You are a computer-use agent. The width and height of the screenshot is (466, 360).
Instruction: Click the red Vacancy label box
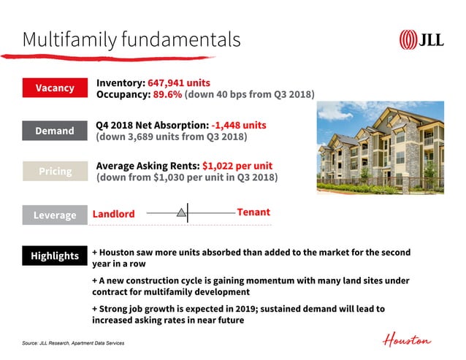[x=55, y=88]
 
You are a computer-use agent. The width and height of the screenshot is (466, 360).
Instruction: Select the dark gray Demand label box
[x=55, y=131]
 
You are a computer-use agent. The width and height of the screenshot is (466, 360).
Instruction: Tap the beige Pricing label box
[x=55, y=171]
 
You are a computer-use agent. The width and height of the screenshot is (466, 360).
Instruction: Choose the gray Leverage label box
[x=55, y=215]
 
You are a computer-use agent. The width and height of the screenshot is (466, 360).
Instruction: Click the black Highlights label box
[x=55, y=256]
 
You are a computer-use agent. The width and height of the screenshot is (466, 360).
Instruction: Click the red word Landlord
[x=113, y=214]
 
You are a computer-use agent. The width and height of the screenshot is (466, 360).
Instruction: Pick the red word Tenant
[x=253, y=212]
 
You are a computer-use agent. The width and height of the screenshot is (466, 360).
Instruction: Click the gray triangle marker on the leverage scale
[x=180, y=212]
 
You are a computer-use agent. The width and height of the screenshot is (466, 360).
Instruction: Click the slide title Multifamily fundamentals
[x=131, y=39]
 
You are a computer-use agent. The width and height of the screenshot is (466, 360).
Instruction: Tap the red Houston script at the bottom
[x=407, y=340]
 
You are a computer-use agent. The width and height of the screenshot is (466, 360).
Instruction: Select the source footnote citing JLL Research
[x=73, y=342]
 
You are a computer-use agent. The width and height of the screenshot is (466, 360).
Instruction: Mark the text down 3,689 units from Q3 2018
[x=172, y=137]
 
